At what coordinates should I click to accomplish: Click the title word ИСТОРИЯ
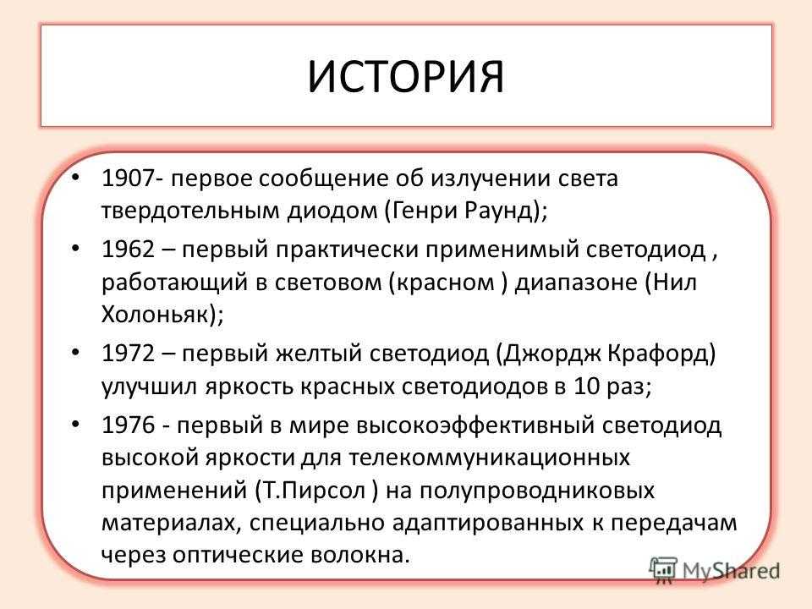(405, 78)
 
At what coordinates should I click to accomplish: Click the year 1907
(128, 178)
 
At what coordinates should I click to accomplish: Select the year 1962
(128, 250)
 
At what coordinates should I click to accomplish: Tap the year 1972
(128, 354)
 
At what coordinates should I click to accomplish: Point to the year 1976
(128, 425)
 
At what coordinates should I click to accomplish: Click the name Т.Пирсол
(315, 491)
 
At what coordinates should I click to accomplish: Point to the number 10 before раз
(586, 387)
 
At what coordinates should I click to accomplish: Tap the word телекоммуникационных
(490, 458)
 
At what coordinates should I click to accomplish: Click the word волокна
(360, 555)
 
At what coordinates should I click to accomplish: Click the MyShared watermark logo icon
(663, 569)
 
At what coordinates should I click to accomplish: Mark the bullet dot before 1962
(76, 249)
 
